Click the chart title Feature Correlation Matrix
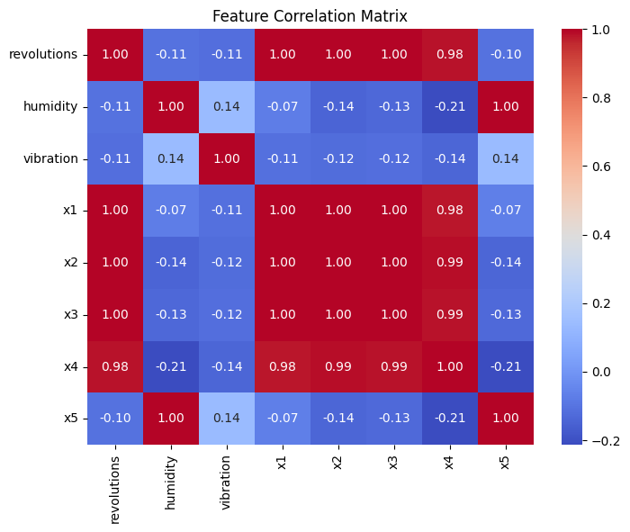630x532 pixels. pos(310,15)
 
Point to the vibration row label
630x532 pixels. pos(50,158)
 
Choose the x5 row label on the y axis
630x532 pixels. pos(70,419)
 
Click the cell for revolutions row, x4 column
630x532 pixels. pos(450,55)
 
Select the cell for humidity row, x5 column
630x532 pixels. pos(506,107)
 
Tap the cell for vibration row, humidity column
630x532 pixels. pos(171,158)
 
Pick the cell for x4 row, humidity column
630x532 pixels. pos(171,366)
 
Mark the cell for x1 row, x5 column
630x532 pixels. pos(506,211)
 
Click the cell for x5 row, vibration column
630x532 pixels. pos(227,419)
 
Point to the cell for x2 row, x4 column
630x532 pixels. pos(450,263)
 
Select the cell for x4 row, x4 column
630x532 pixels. pos(450,366)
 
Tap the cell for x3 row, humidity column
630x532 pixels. pos(171,314)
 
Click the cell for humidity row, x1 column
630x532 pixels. pos(283,107)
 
